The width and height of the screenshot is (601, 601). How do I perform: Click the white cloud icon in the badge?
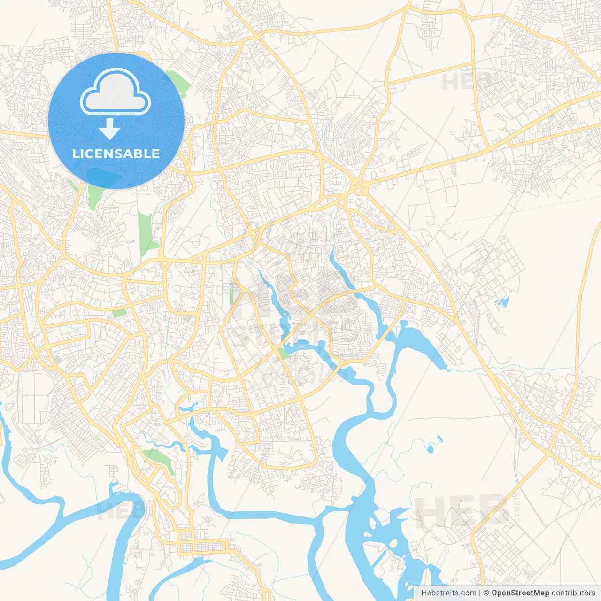click(116, 92)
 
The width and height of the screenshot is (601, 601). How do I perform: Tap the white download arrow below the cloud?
click(109, 129)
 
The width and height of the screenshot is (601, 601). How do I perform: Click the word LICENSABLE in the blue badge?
click(116, 154)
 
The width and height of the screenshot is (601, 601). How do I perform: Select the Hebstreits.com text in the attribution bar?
click(448, 593)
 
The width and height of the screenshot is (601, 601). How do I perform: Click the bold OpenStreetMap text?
click(520, 593)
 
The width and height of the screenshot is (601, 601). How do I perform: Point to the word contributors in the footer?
click(573, 593)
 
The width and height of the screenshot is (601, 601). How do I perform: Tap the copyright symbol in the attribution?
click(486, 593)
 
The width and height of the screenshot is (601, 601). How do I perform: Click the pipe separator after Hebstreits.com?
click(480, 593)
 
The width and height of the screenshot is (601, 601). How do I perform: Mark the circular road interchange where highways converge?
click(360, 186)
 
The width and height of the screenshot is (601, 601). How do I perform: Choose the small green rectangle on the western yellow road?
click(119, 313)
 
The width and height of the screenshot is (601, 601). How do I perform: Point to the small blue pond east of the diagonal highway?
click(502, 302)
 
